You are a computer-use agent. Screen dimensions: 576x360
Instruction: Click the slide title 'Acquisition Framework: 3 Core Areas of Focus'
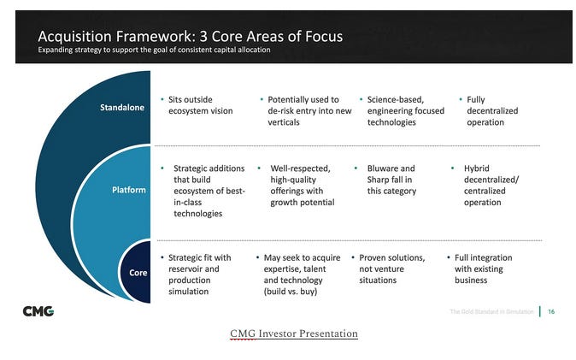190,36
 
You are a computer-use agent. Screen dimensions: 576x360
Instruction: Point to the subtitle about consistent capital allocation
154,50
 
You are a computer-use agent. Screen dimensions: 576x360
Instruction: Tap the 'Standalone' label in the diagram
122,108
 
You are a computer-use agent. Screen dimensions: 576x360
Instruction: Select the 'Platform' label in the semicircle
129,190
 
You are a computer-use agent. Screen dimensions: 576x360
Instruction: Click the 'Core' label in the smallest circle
137,272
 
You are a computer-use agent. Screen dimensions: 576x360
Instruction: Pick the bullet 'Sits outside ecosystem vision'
200,105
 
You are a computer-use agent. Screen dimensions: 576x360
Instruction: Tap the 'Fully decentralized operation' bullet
491,110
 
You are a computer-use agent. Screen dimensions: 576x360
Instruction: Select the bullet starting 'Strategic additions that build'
209,191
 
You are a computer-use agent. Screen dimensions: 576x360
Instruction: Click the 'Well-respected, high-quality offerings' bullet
302,186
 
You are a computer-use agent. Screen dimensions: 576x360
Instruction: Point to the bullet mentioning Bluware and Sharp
391,180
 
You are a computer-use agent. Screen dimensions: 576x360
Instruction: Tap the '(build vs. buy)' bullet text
290,292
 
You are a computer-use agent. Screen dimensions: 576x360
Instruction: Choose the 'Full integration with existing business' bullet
483,269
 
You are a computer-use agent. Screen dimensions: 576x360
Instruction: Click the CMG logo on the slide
38,311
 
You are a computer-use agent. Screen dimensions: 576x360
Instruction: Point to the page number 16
551,311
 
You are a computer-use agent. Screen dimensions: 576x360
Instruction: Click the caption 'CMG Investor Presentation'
293,333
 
